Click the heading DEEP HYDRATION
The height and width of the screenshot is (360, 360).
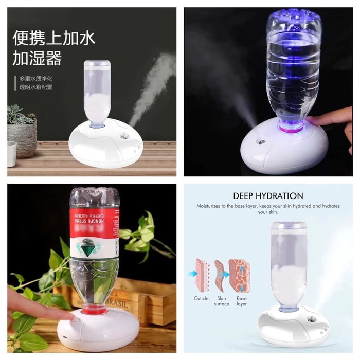tap(268, 195)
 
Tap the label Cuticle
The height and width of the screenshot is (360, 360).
tap(201, 298)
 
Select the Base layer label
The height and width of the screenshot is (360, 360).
tap(242, 301)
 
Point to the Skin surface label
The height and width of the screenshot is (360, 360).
tap(222, 301)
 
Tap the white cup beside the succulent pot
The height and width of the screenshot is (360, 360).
tap(11, 153)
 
